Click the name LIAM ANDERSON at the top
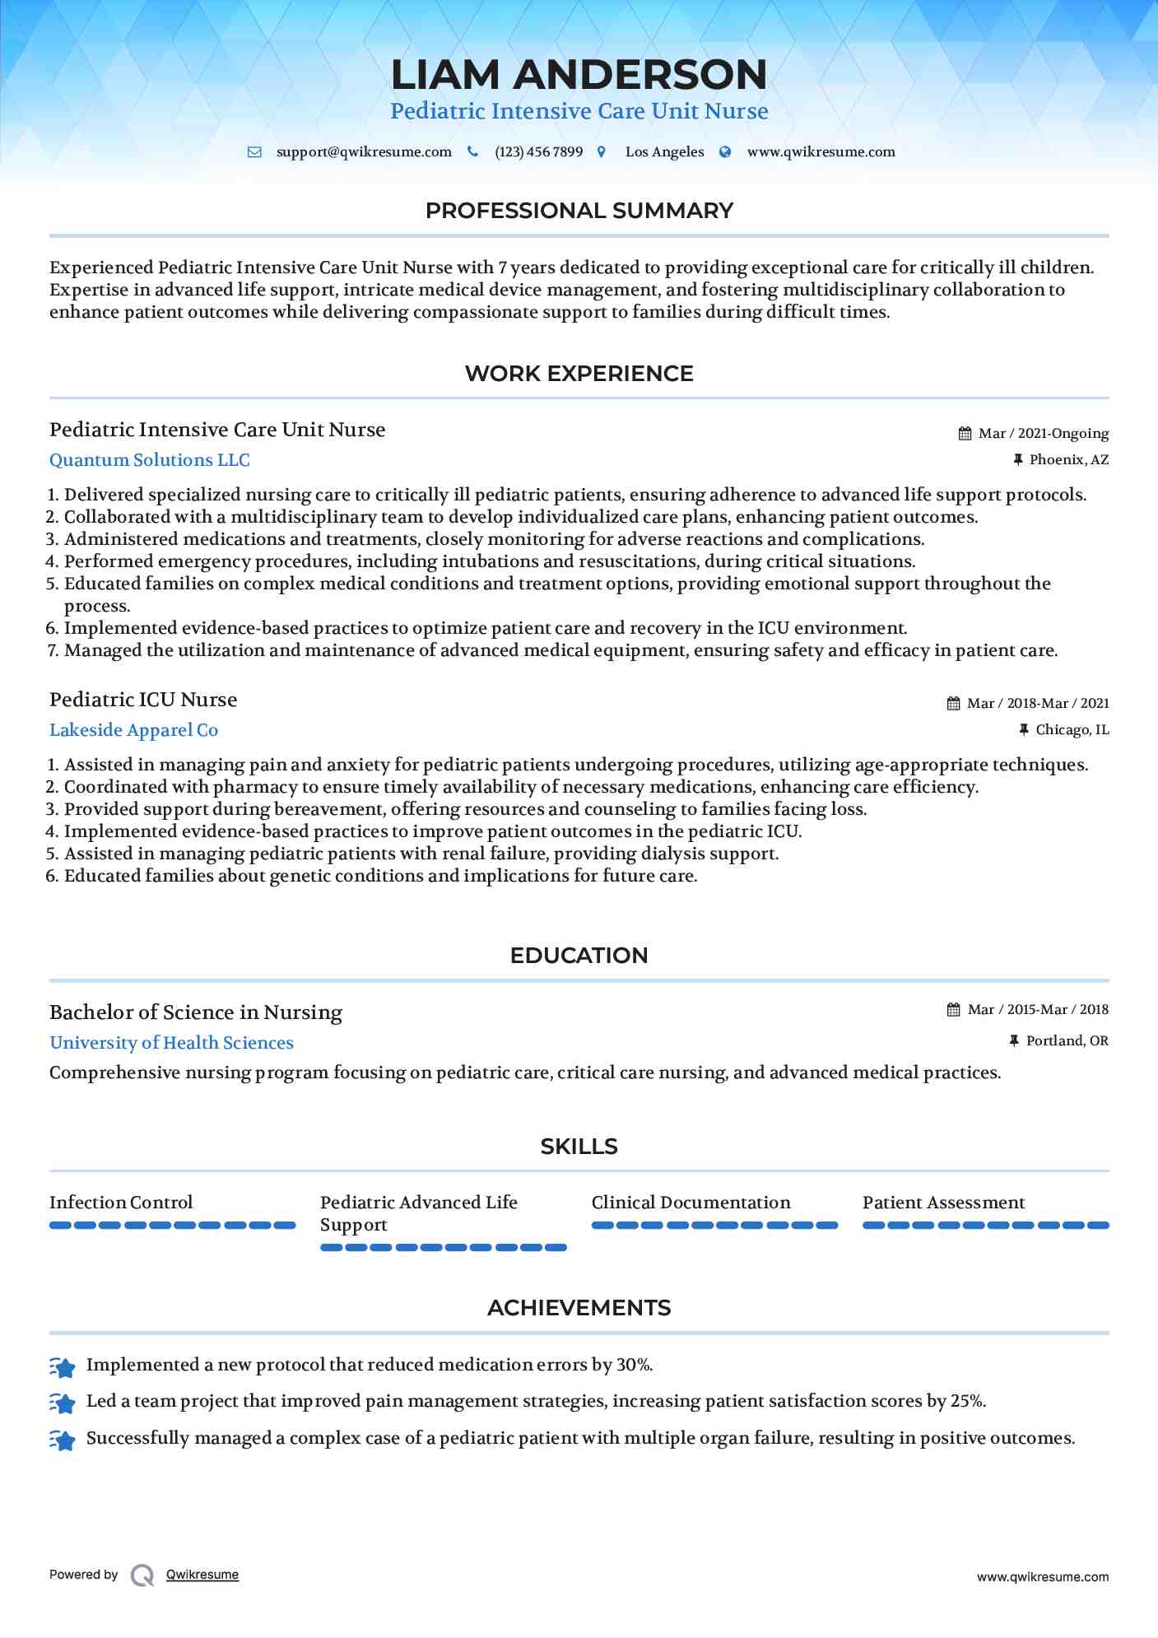[x=579, y=75]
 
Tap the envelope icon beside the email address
[x=254, y=152]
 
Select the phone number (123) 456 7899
[x=538, y=152]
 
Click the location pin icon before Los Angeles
[x=602, y=152]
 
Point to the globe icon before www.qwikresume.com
[x=725, y=152]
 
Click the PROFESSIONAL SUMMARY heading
[x=579, y=211]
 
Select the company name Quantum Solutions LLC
[x=150, y=460]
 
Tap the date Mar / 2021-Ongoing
[x=1044, y=434]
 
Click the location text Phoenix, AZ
[x=1068, y=460]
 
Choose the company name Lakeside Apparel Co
[x=133, y=730]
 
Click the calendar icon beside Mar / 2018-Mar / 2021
[x=953, y=704]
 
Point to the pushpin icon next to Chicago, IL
[x=1024, y=729]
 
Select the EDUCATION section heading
[x=579, y=956]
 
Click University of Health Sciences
[x=171, y=1043]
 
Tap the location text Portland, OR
[x=1067, y=1041]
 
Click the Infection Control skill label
[x=121, y=1203]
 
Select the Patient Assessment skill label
[x=943, y=1203]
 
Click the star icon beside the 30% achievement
[x=63, y=1367]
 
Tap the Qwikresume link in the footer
[x=202, y=1575]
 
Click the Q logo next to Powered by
[x=142, y=1575]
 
